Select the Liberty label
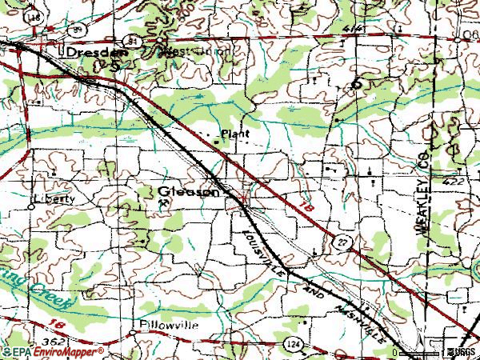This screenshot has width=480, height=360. [55, 198]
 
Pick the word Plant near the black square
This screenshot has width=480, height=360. [235, 134]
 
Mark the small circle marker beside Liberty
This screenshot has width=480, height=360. [31, 206]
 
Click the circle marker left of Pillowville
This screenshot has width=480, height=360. [134, 325]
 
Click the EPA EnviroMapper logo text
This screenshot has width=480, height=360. [53, 351]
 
